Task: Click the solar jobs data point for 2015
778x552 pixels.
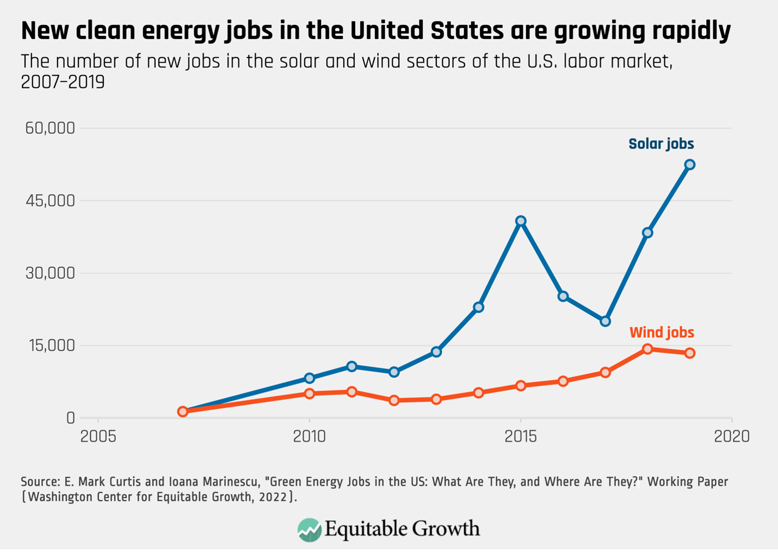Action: (x=521, y=221)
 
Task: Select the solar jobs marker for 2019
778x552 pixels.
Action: (x=689, y=164)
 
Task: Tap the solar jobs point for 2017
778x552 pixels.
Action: (x=605, y=321)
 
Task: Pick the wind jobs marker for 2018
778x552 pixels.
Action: (x=647, y=349)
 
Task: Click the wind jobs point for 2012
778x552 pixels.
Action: (x=394, y=400)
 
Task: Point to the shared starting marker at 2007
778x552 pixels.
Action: (x=183, y=412)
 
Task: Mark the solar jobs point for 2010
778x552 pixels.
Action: (x=310, y=378)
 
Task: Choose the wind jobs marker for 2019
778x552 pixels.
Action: (x=689, y=353)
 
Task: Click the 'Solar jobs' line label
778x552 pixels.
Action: (x=661, y=144)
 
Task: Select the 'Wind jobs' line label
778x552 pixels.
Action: (x=662, y=332)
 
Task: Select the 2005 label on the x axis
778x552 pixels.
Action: (x=98, y=436)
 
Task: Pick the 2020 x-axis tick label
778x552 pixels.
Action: (x=732, y=436)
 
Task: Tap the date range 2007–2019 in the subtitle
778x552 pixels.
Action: (x=63, y=82)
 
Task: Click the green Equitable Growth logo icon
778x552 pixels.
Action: (x=309, y=530)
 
